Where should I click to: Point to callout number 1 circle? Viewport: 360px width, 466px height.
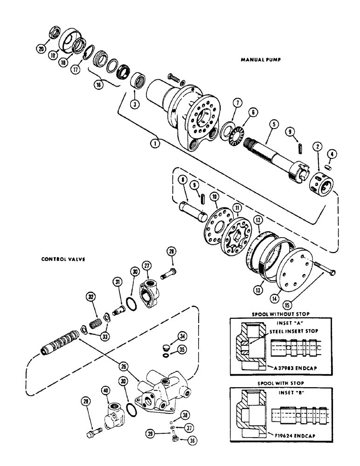pyautogui.click(x=155, y=144)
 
